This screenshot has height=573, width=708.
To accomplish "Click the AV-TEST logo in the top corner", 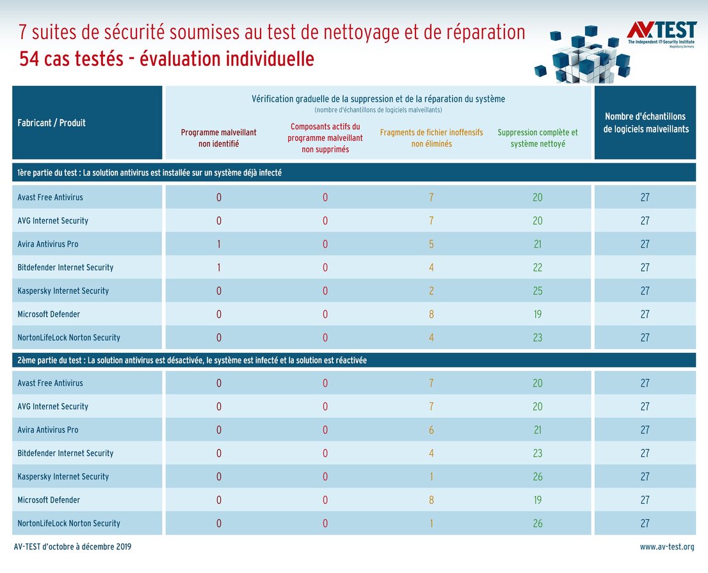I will (661, 31).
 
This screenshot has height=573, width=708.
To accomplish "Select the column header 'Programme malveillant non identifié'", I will (218, 138).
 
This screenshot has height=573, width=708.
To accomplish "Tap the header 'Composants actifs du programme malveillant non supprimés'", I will (325, 138).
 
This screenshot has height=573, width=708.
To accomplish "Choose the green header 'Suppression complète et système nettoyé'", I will (537, 138).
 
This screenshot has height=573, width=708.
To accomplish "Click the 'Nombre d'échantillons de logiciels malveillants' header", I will (645, 123).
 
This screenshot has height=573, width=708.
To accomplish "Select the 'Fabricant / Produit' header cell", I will (52, 123).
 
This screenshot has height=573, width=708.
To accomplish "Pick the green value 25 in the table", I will (537, 291).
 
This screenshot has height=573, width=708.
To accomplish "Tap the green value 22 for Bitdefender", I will (537, 268).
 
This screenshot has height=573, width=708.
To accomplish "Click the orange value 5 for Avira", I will (431, 244).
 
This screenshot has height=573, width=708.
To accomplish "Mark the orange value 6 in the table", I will (431, 430).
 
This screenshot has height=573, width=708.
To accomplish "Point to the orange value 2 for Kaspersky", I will (431, 291).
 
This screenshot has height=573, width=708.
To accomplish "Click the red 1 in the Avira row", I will (218, 244).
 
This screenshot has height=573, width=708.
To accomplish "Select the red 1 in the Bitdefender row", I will (218, 268).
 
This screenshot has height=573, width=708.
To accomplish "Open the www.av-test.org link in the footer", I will (666, 547).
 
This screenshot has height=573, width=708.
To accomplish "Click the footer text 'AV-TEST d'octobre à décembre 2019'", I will (72, 547).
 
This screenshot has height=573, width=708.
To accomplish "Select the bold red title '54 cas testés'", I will (166, 60).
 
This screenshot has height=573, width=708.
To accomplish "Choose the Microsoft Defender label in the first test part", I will (49, 314).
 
